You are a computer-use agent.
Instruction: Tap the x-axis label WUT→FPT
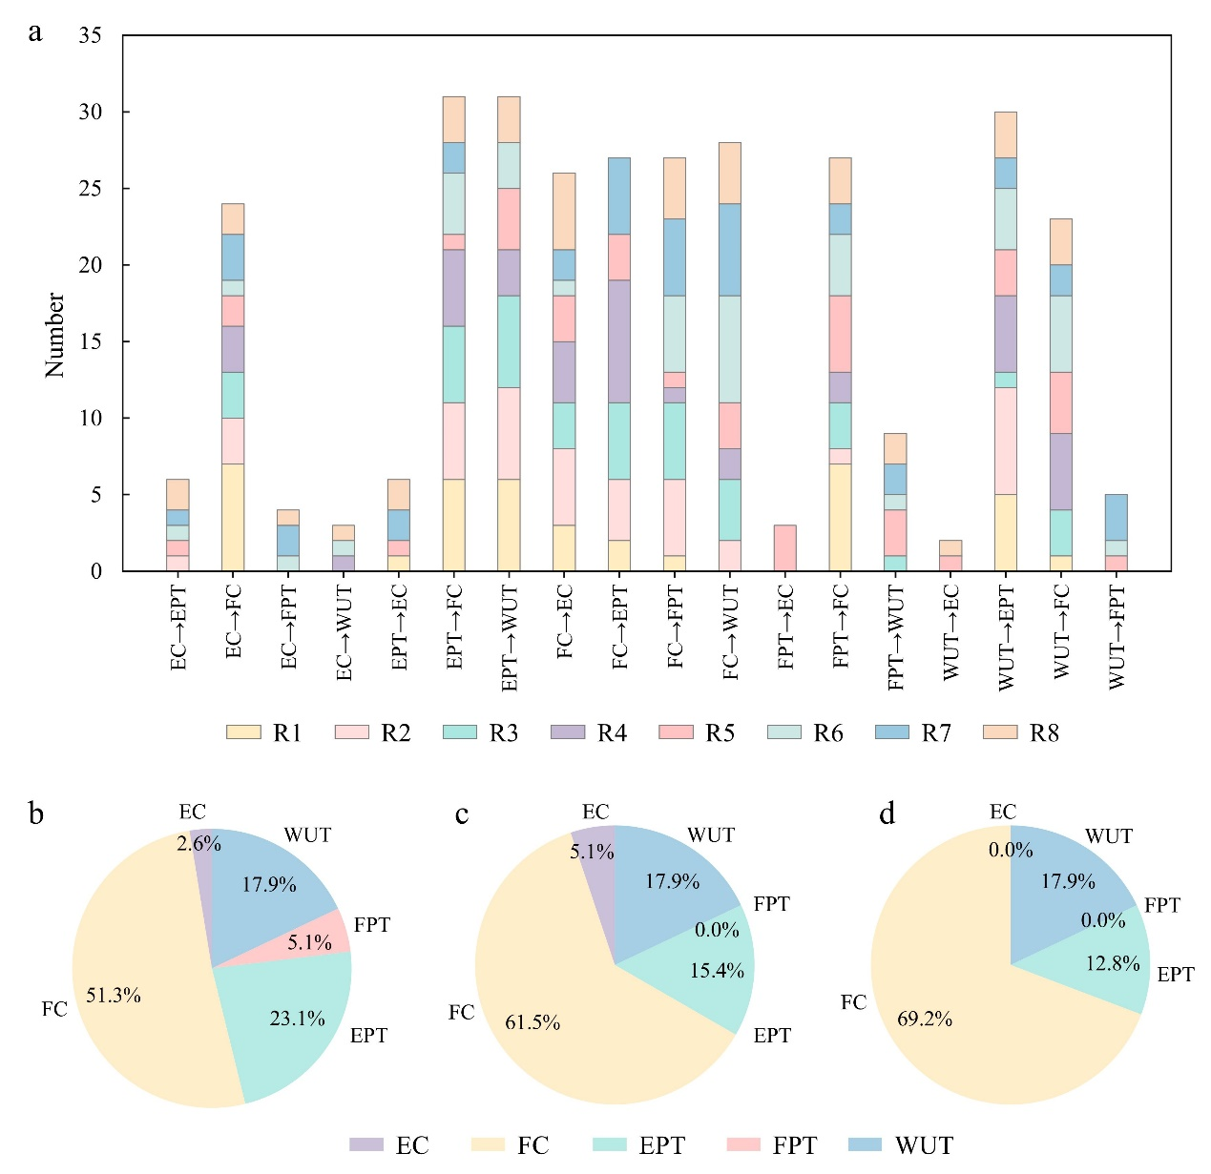pyautogui.click(x=1117, y=636)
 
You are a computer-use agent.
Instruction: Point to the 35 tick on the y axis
pyautogui.click(x=91, y=36)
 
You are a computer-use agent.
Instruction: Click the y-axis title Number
pyautogui.click(x=55, y=335)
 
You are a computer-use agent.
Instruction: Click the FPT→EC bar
pyautogui.click(x=785, y=548)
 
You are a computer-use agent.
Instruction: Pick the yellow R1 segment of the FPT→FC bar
pyautogui.click(x=841, y=517)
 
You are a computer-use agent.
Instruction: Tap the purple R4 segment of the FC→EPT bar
pyautogui.click(x=620, y=341)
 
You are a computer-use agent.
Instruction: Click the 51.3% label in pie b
pyautogui.click(x=114, y=996)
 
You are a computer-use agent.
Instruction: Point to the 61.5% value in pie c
pyautogui.click(x=532, y=1023)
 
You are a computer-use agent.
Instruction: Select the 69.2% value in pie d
pyautogui.click(x=925, y=1019)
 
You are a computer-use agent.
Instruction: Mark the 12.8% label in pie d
pyautogui.click(x=1113, y=963)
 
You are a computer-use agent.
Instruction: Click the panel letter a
pyautogui.click(x=35, y=33)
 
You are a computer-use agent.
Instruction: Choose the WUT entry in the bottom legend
pyautogui.click(x=906, y=1145)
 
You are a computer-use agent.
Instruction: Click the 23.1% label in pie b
pyautogui.click(x=298, y=1019)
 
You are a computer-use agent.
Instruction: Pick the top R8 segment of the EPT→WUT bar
pyautogui.click(x=510, y=119)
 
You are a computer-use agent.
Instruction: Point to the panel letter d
pyautogui.click(x=887, y=815)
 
